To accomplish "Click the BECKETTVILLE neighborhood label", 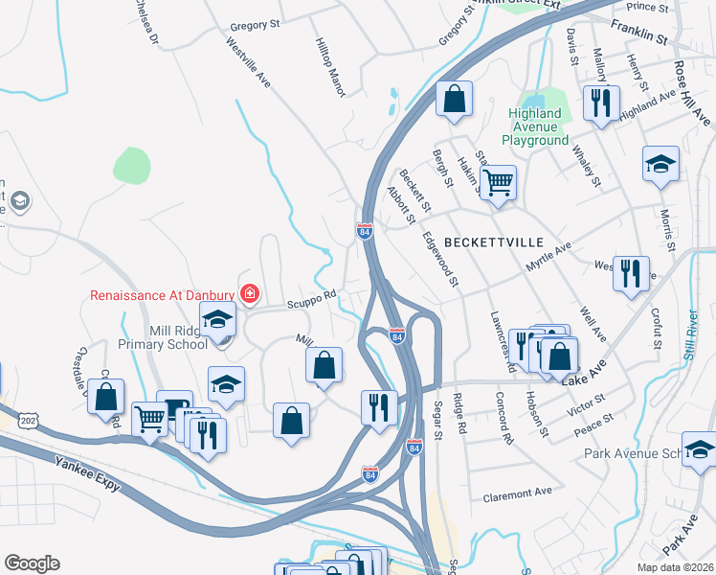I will click(492, 241).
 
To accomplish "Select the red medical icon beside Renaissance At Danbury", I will click(250, 292).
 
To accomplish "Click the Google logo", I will click(32, 563).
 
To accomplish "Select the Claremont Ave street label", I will click(518, 493).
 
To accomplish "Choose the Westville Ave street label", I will click(248, 63).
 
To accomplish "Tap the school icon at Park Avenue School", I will click(699, 448).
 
